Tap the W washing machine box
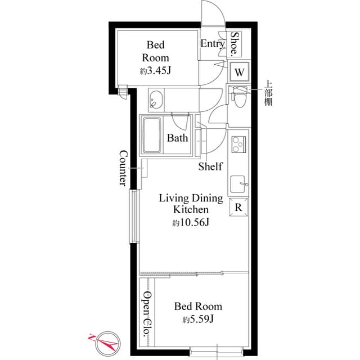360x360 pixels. [x=239, y=72]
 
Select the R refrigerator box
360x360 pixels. [x=238, y=207]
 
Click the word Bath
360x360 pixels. [x=178, y=138]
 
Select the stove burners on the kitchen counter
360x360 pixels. [x=238, y=143]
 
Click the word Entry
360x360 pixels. [x=213, y=43]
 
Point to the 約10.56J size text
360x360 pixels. [x=191, y=223]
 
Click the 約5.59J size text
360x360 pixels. [x=197, y=320]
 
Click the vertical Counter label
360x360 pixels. [x=123, y=168]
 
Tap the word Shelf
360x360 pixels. [x=210, y=166]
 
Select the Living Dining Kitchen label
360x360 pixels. [x=191, y=204]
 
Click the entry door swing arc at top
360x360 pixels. [x=214, y=14]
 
